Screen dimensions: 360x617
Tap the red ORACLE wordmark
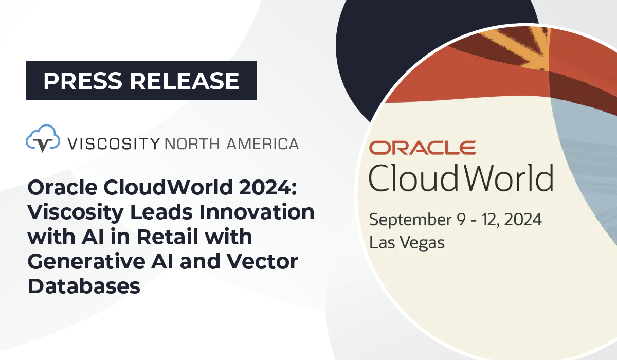(422, 148)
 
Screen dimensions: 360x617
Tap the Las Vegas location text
(407, 242)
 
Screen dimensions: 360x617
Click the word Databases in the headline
(84, 285)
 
